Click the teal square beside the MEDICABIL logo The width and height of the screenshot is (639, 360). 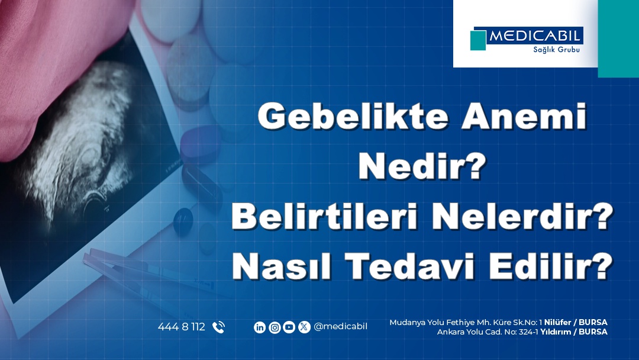pyautogui.click(x=478, y=40)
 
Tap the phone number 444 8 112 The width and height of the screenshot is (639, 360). pyautogui.click(x=182, y=327)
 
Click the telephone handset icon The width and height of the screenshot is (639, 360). pyautogui.click(x=218, y=327)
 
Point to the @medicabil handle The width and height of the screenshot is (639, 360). pyautogui.click(x=340, y=327)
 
